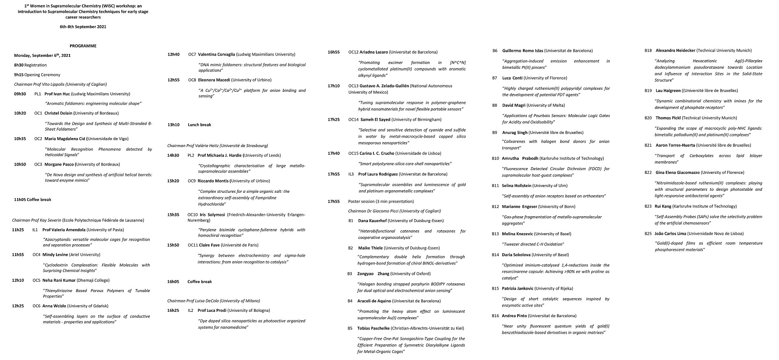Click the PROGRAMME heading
point(83,46)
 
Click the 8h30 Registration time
point(19,65)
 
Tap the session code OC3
point(38,164)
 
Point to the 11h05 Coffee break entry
point(33,200)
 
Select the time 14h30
point(173,155)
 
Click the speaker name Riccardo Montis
point(213,181)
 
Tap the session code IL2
point(191,310)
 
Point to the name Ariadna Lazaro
point(373,52)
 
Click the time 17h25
point(334,119)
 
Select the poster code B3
point(350,274)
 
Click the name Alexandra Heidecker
point(675,51)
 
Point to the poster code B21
point(648,145)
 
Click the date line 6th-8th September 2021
point(83,27)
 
